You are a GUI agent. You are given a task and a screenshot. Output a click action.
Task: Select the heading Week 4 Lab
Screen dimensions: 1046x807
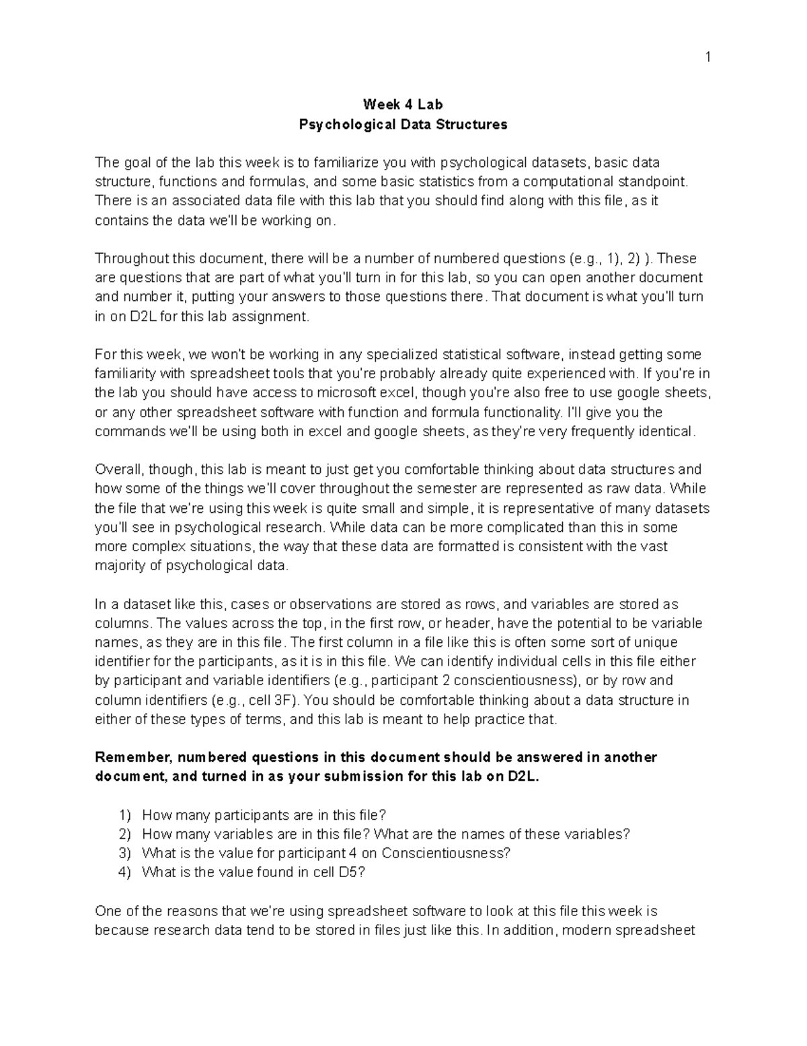coord(403,104)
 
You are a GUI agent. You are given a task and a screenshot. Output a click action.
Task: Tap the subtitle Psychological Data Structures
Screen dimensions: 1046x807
coord(403,125)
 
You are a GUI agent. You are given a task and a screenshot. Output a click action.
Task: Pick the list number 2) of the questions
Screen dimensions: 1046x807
coord(125,834)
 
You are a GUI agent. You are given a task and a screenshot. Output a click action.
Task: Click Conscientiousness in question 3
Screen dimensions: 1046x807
coord(444,853)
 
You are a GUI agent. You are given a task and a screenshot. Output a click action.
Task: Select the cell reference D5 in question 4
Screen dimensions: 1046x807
coord(350,872)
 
